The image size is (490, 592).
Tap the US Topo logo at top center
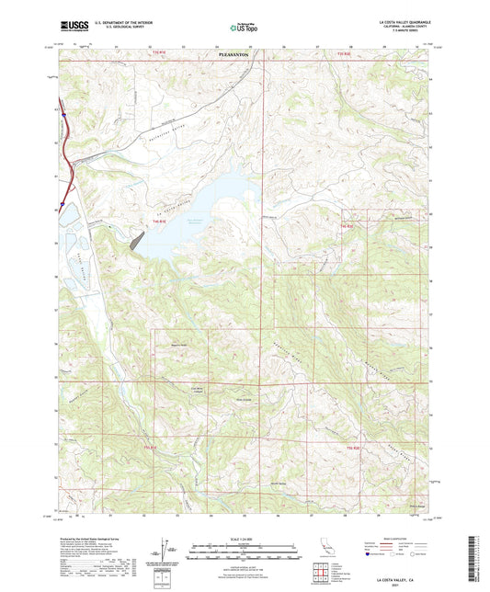243,28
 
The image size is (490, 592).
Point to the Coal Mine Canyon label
197,387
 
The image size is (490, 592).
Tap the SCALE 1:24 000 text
245,539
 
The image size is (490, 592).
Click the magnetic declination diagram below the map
165,549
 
